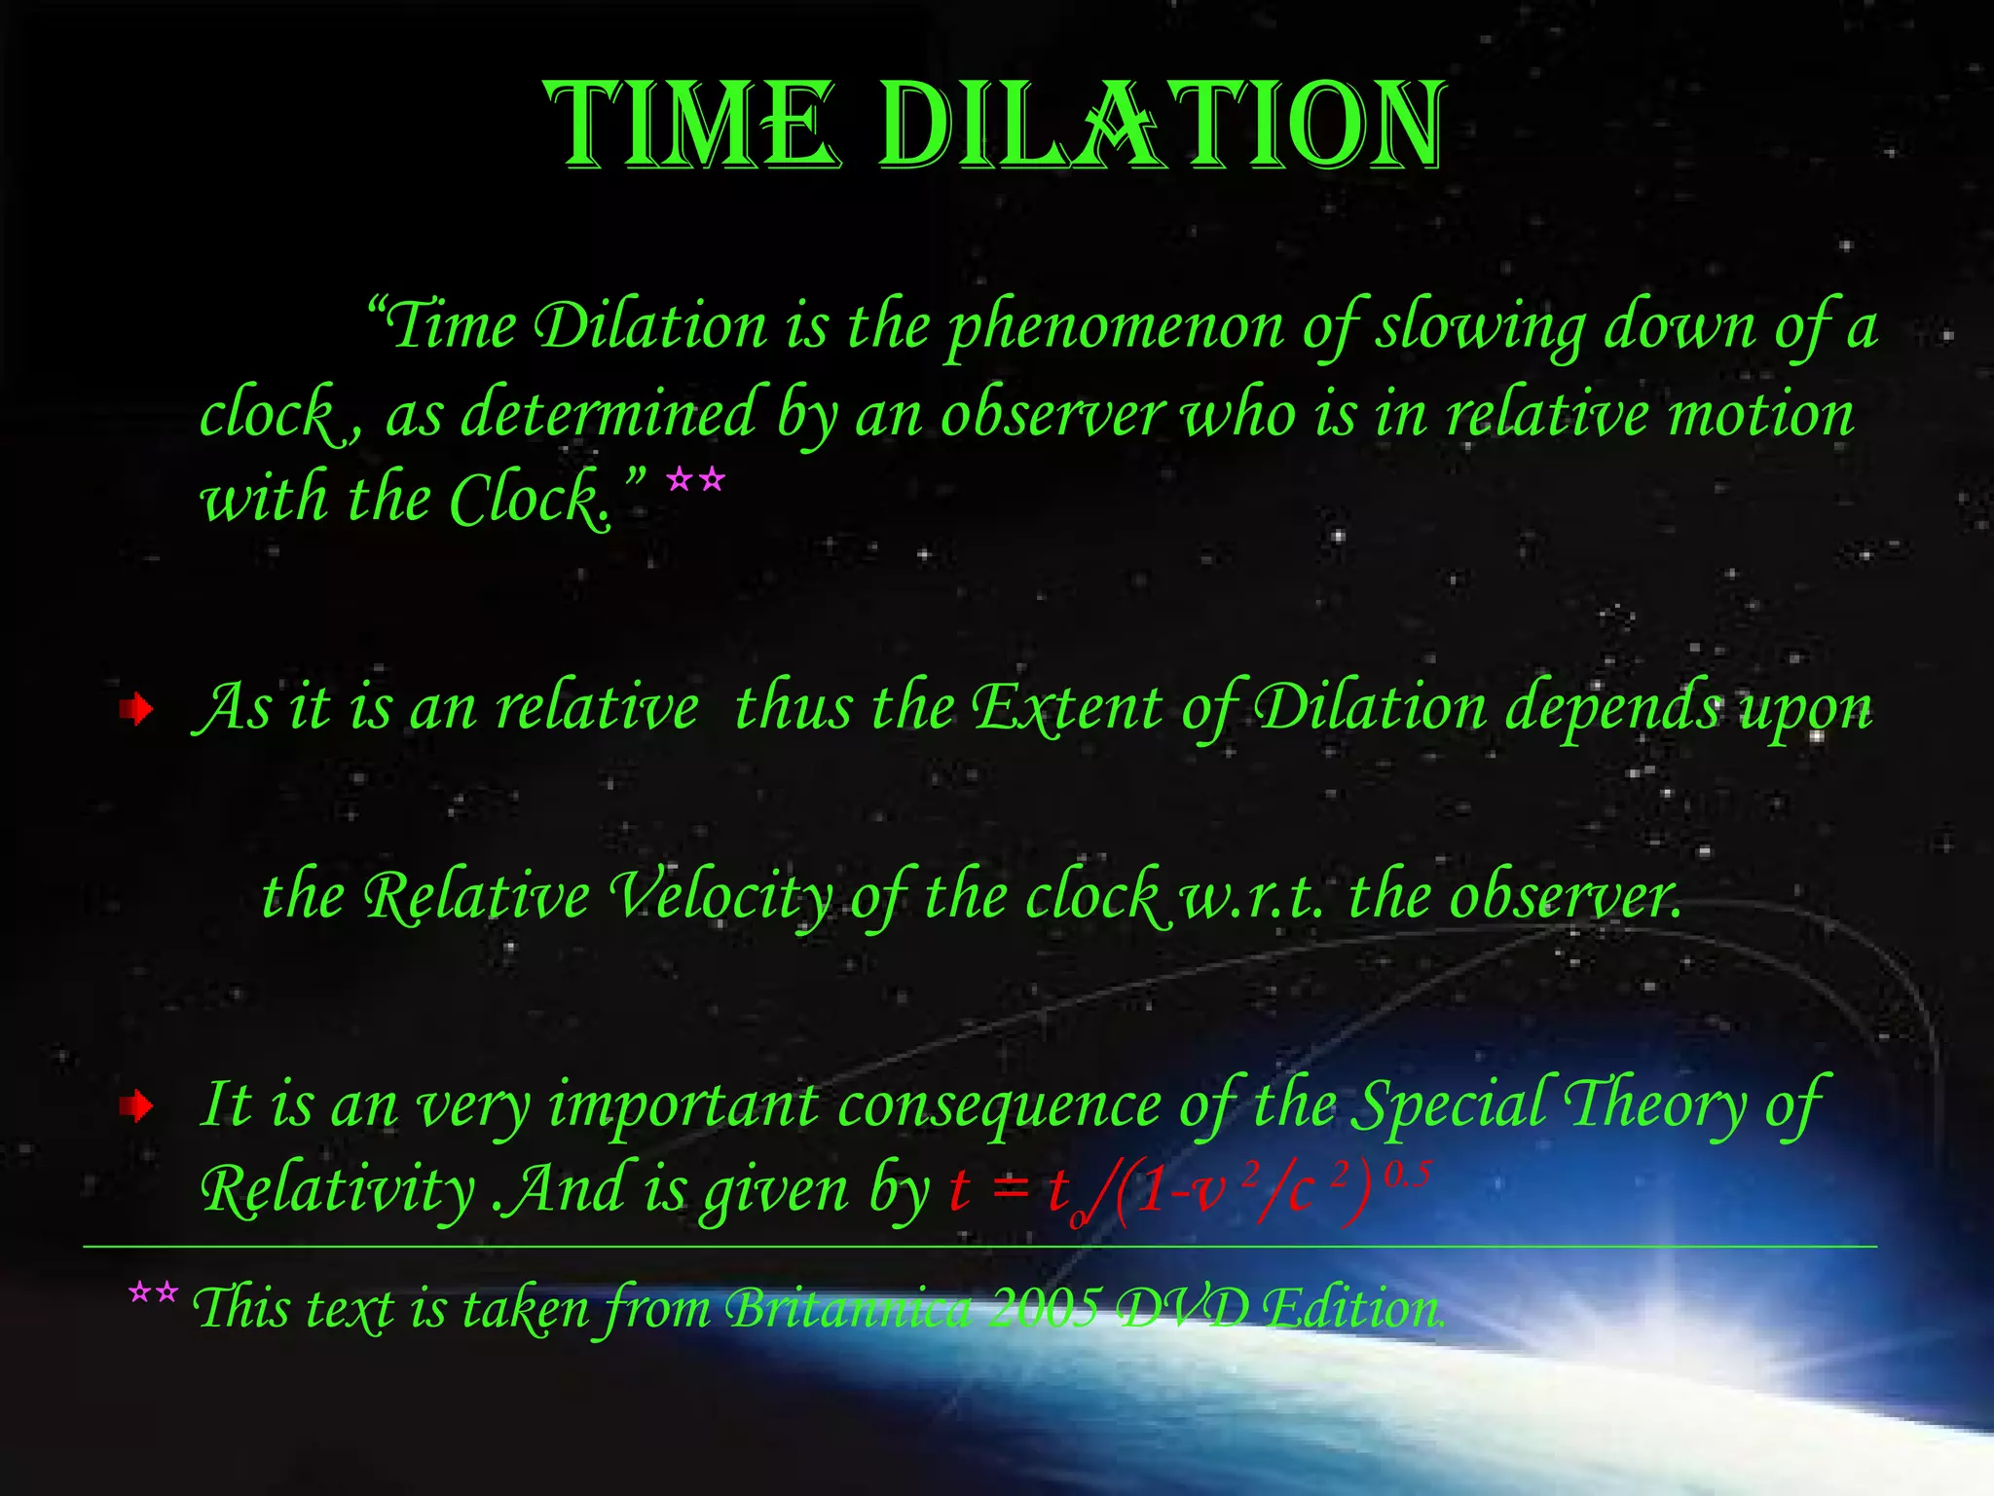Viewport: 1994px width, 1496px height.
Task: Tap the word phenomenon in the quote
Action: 1116,327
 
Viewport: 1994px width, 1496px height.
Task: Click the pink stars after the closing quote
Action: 695,480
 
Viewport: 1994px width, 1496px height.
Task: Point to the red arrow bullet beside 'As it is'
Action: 137,710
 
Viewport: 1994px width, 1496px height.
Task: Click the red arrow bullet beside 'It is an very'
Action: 137,1106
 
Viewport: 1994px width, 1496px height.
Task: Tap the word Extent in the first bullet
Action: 1067,707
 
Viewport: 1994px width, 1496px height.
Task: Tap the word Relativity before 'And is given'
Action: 337,1191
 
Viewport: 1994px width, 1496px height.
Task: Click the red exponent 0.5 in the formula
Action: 1408,1175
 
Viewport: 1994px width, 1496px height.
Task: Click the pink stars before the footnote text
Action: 153,1293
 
